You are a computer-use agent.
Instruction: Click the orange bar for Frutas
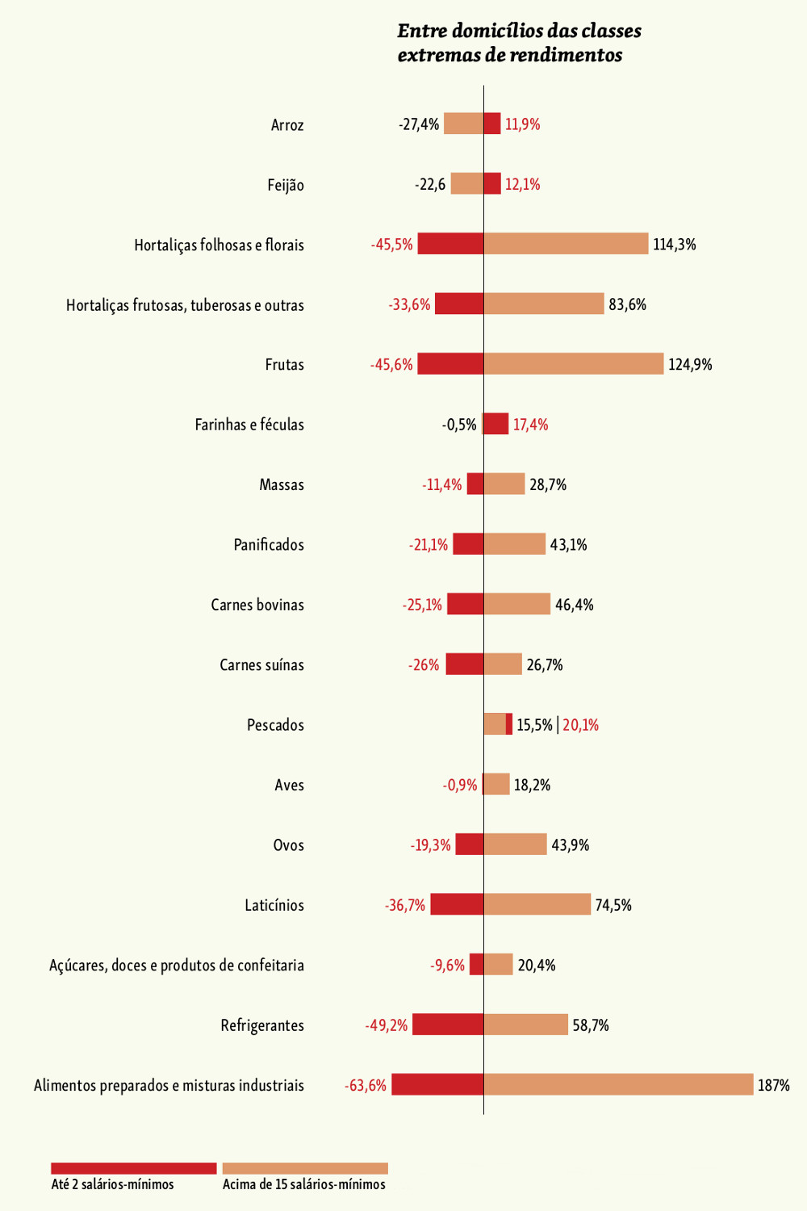click(x=573, y=364)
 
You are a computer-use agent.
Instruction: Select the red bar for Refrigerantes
click(x=448, y=1025)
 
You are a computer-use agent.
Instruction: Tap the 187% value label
click(x=773, y=1085)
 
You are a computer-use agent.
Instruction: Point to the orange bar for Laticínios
click(x=537, y=904)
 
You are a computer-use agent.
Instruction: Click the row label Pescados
click(x=275, y=725)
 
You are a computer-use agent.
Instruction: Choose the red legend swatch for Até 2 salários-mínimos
click(x=134, y=1168)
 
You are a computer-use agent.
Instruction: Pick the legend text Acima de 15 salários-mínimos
click(x=304, y=1184)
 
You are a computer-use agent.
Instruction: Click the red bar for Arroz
click(x=492, y=124)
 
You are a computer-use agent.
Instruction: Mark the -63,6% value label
click(x=366, y=1085)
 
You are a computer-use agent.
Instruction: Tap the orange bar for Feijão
click(x=467, y=184)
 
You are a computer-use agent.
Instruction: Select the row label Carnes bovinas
click(x=257, y=605)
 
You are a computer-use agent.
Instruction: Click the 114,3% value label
click(x=674, y=244)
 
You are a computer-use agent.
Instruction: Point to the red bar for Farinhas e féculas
click(x=496, y=424)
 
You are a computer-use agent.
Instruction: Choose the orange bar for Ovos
click(x=515, y=844)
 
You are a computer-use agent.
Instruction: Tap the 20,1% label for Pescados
click(x=580, y=725)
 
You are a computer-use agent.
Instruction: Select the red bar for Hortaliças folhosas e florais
click(x=450, y=244)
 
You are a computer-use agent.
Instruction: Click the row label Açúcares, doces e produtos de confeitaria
click(x=177, y=965)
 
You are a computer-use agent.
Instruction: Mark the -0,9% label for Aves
click(x=460, y=785)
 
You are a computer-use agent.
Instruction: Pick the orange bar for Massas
click(x=504, y=484)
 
